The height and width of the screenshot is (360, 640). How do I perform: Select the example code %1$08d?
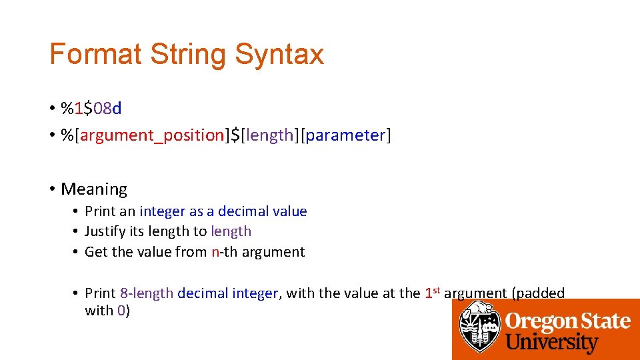91,107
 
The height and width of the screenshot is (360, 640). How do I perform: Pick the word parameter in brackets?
346,135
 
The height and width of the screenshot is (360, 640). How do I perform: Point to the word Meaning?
94,189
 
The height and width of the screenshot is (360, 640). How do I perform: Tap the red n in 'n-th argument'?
215,252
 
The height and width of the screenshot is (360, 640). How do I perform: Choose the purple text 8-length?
147,293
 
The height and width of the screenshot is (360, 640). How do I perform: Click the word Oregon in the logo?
539,321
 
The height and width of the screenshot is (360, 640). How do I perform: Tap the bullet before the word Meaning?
52,189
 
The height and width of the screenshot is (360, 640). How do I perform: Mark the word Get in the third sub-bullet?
97,252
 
